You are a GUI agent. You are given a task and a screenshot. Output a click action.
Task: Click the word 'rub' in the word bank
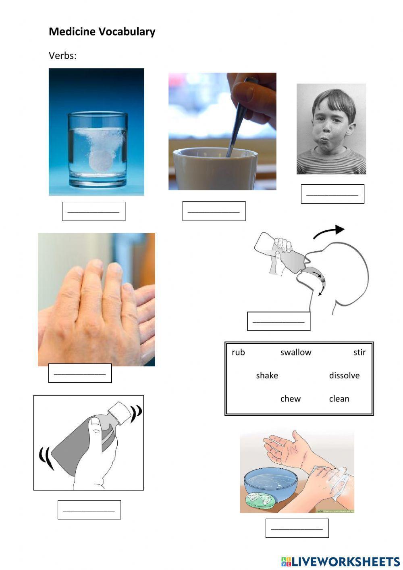coord(238,352)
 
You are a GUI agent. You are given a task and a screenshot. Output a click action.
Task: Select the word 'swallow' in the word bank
coord(296,352)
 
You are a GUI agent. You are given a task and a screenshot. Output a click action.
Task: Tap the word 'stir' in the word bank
coord(359,352)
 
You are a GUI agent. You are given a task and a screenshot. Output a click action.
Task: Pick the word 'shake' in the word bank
coord(267,376)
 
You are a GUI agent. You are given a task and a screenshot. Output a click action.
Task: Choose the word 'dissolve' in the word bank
coord(344,376)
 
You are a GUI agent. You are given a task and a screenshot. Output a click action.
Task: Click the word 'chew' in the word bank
coord(290,399)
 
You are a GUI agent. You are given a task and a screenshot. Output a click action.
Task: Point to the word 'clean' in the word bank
coord(339,399)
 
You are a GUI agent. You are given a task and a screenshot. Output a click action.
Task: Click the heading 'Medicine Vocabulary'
coord(102,32)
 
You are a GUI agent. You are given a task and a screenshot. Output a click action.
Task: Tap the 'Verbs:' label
coord(62,56)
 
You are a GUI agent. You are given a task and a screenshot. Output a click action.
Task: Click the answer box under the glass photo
coord(93,211)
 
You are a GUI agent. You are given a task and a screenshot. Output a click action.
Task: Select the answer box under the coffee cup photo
coord(214,211)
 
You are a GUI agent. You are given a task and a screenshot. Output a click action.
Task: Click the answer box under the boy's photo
coord(332,194)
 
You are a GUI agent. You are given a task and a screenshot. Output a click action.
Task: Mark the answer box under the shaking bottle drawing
coord(89,509)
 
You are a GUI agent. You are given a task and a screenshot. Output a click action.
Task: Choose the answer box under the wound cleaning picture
coord(297,528)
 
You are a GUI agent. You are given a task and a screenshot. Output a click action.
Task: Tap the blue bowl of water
coord(270,482)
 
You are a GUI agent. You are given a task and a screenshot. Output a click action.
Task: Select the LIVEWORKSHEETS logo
coord(341,561)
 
